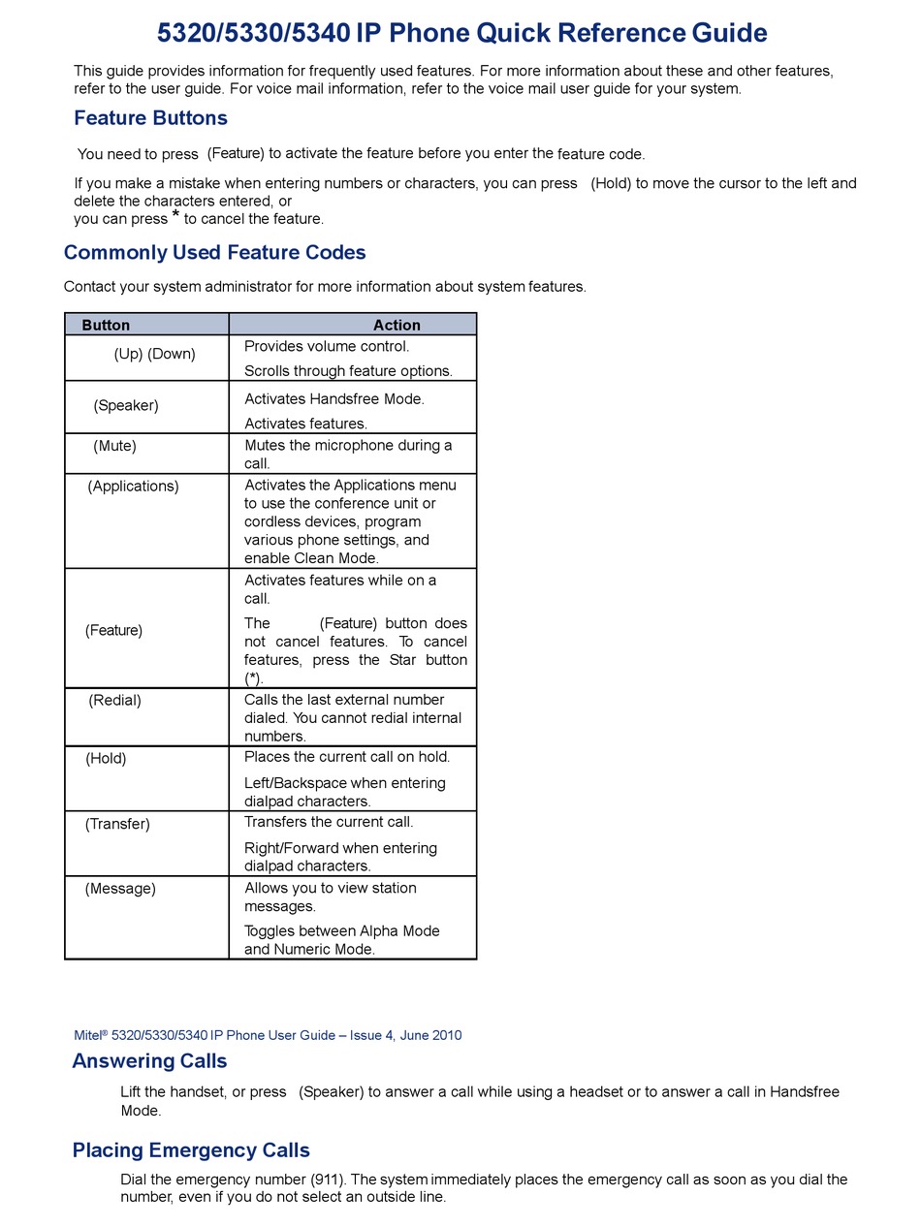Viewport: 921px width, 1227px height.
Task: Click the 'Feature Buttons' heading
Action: [x=150, y=118]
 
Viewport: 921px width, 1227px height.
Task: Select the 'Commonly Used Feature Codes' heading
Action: [x=214, y=253]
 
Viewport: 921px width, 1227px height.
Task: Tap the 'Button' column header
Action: [x=106, y=325]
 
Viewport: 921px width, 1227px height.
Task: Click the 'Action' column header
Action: [x=397, y=325]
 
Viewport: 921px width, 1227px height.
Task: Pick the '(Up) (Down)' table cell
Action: [x=154, y=354]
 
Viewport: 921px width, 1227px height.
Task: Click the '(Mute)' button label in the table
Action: [x=114, y=446]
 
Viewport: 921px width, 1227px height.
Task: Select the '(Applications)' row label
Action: [x=133, y=486]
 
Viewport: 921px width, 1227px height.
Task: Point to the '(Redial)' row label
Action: [x=114, y=700]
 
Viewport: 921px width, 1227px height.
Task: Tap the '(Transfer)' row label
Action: [x=117, y=824]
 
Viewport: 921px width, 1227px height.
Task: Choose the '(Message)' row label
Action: [x=120, y=888]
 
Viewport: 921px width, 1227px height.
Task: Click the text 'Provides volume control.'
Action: [x=327, y=346]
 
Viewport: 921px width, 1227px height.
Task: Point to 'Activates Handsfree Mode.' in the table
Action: [x=334, y=398]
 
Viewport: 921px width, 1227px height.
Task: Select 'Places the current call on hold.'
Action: [x=347, y=756]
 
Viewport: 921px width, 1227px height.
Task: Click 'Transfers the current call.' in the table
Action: [x=329, y=822]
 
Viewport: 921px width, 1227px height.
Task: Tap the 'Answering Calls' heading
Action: [x=149, y=1061]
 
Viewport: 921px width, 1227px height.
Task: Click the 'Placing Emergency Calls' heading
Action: [x=191, y=1150]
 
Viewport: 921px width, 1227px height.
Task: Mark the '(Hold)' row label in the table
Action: [x=106, y=758]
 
